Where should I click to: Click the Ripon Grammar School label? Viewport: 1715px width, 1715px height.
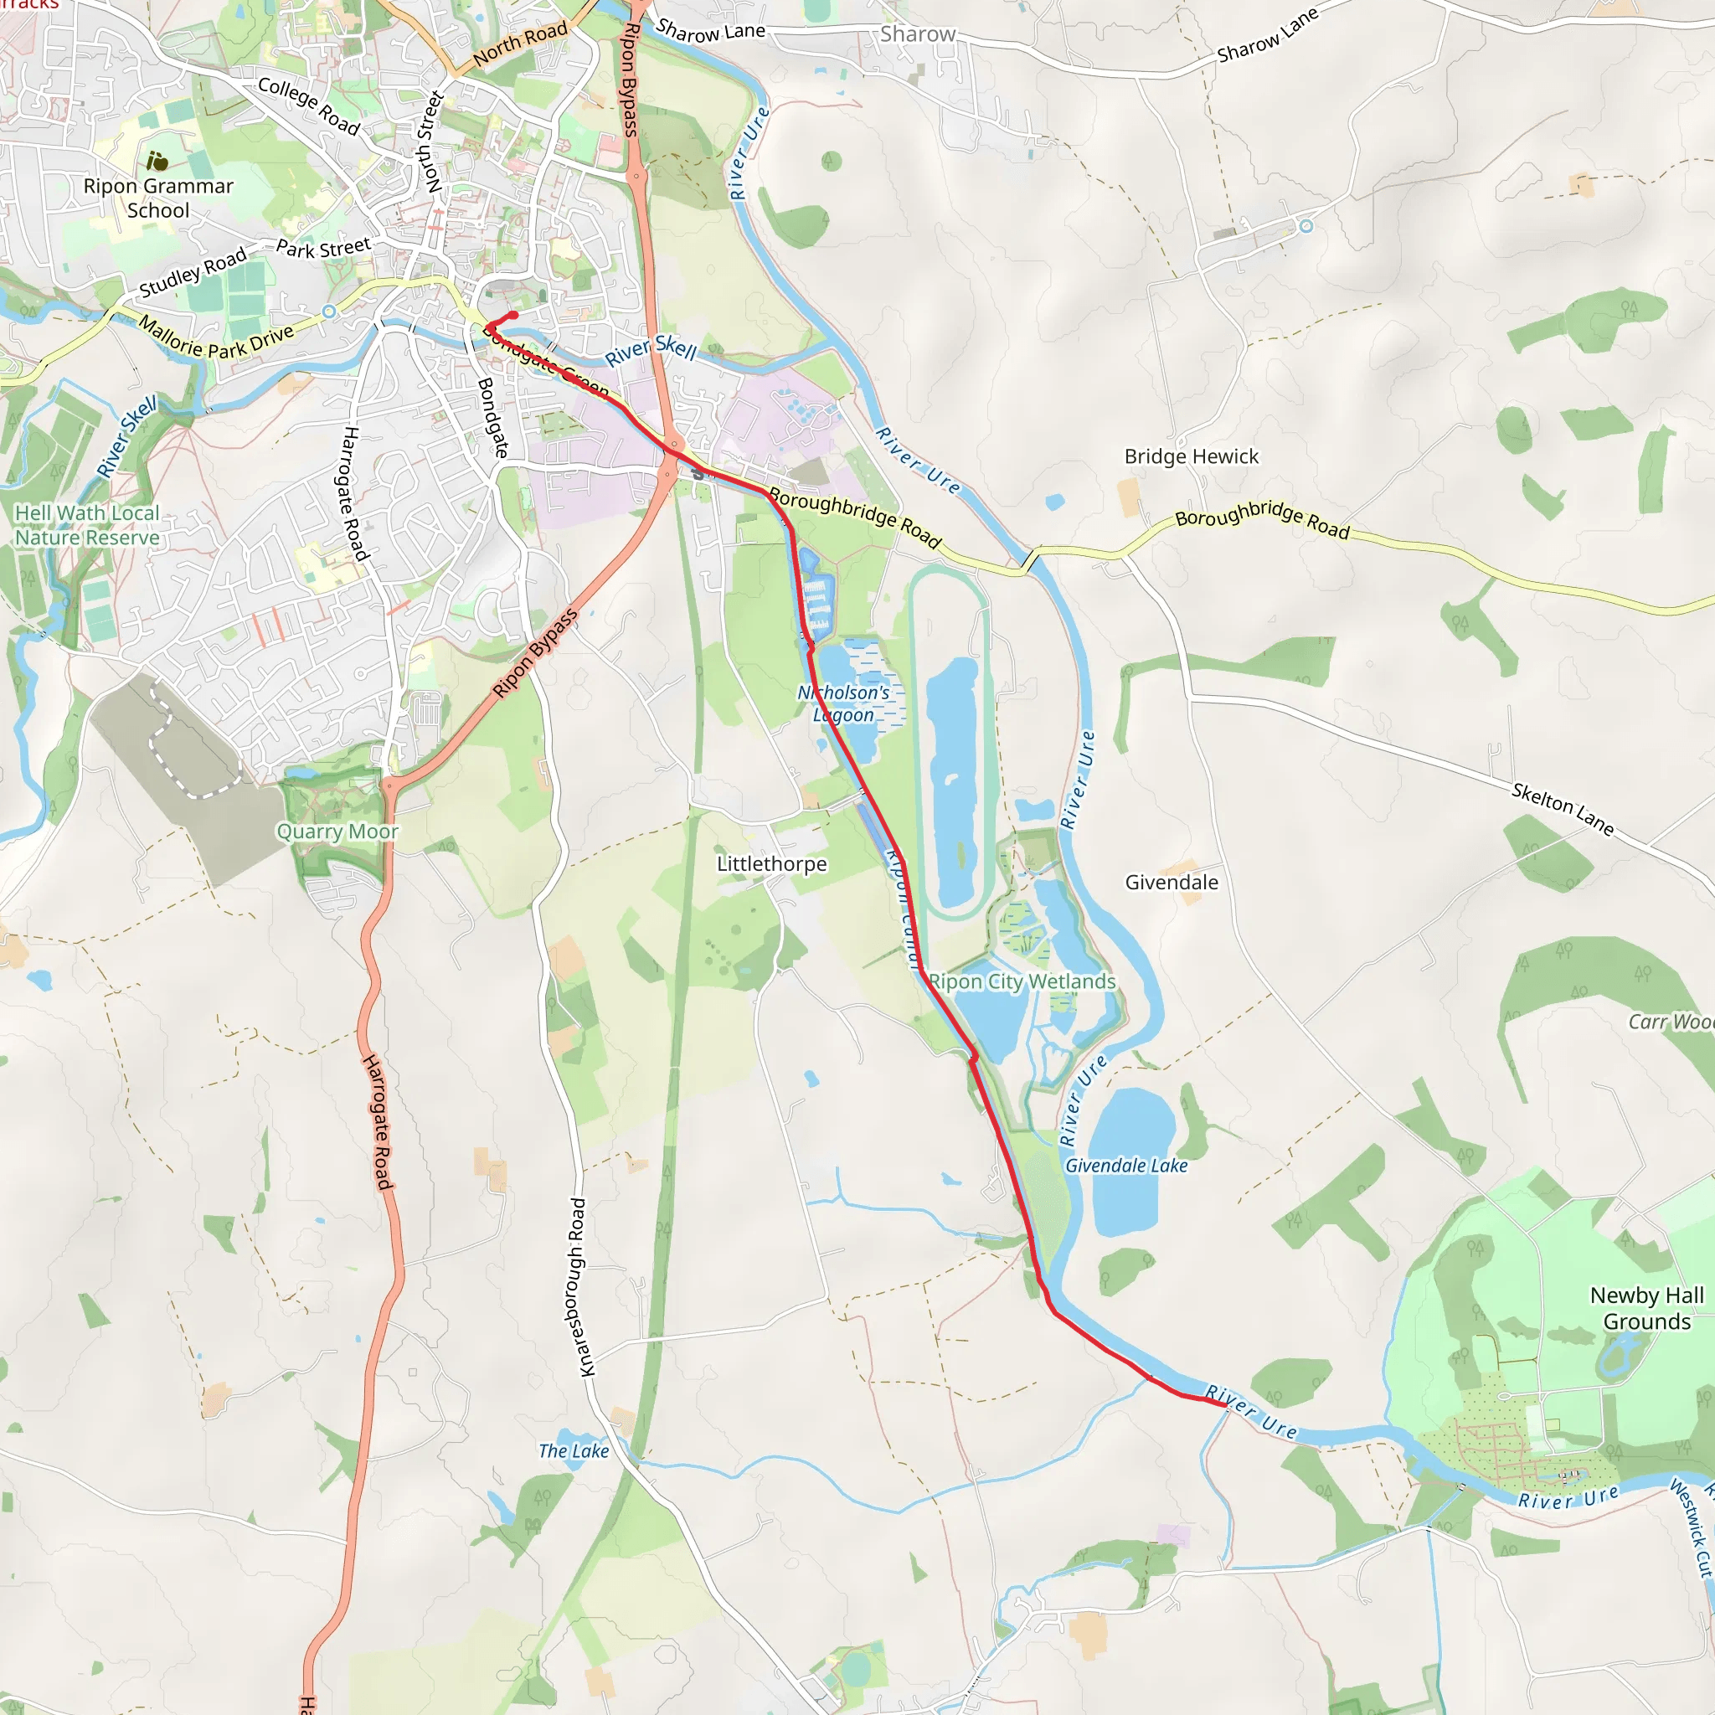click(x=158, y=198)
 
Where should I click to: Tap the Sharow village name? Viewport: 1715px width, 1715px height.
click(x=917, y=34)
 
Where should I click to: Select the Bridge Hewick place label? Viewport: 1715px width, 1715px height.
click(x=1192, y=456)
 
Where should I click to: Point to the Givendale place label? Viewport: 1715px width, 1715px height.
click(x=1172, y=883)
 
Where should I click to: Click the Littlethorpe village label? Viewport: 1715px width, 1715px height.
click(x=771, y=863)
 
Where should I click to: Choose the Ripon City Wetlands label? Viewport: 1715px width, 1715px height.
click(x=1022, y=981)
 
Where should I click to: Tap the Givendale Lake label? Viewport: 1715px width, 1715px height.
click(x=1125, y=1166)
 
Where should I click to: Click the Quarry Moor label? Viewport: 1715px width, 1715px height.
click(x=337, y=832)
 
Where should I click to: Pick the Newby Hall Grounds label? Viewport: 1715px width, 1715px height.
click(x=1646, y=1309)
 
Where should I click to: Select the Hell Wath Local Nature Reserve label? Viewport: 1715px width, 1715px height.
click(x=87, y=526)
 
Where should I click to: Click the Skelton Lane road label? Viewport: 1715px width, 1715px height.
click(x=1563, y=809)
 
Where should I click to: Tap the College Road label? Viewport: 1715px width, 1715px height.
click(x=309, y=106)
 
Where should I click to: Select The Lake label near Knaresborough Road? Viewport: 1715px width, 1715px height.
click(x=574, y=1450)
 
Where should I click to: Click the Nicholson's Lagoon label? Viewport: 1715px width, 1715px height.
click(x=843, y=703)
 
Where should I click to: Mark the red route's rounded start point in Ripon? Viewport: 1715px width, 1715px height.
click(x=513, y=315)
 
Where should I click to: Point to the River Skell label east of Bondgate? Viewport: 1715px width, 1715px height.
click(x=651, y=349)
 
